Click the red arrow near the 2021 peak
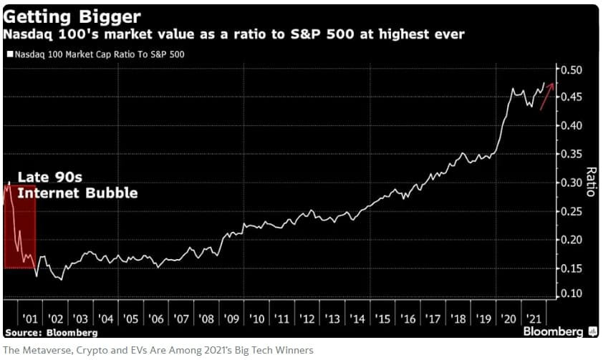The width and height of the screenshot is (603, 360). point(548,97)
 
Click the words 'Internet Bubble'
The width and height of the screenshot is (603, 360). point(77,193)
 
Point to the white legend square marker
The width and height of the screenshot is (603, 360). point(9,54)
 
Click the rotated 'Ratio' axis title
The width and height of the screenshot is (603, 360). point(591,183)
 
